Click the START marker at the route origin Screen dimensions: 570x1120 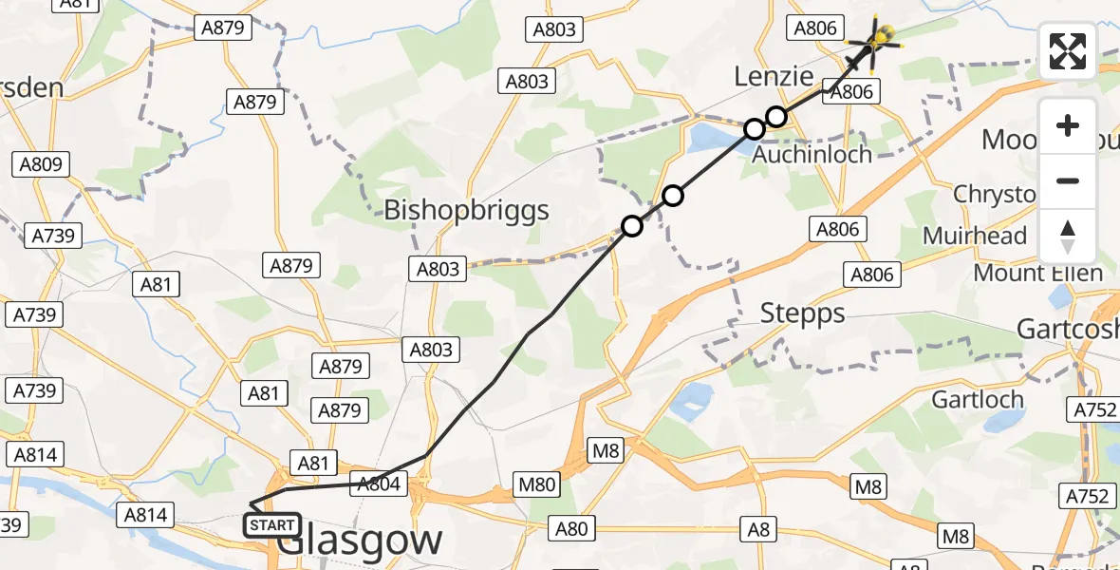pos(273,525)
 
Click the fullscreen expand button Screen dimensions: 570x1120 pos(1068,51)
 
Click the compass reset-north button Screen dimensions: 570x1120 pos(1068,237)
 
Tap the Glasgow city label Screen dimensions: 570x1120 pos(362,541)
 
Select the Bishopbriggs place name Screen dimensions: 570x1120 pos(466,210)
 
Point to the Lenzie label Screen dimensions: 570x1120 pos(775,76)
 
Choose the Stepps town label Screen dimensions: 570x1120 pos(802,313)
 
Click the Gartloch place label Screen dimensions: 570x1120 pos(977,399)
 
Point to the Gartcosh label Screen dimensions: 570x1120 pos(1067,329)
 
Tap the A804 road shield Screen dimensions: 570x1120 pos(380,484)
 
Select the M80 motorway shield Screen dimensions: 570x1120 pos(536,485)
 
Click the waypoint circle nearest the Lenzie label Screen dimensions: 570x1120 pos(776,117)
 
